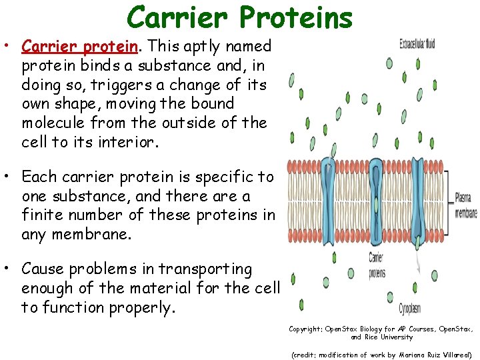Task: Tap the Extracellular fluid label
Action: (417, 44)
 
